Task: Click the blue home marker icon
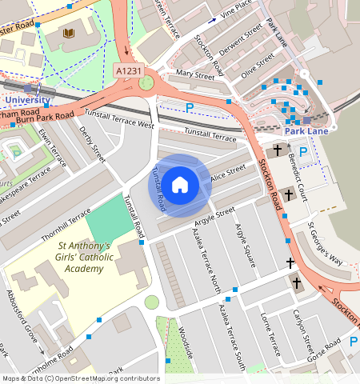pyautogui.click(x=180, y=185)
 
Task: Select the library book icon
pyautogui.click(x=68, y=34)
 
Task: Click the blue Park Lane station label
pyautogui.click(x=307, y=130)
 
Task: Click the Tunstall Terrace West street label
pyautogui.click(x=119, y=120)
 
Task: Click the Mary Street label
pyautogui.click(x=195, y=74)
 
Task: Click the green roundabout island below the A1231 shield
pyautogui.click(x=146, y=82)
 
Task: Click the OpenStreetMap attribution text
pyautogui.click(x=80, y=378)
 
